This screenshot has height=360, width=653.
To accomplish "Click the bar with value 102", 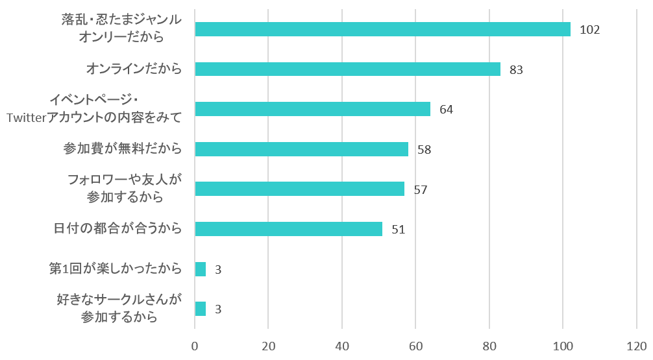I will point(382,29).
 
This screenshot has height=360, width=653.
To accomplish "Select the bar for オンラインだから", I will point(347,69).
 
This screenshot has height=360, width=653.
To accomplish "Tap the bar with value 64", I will point(312,109).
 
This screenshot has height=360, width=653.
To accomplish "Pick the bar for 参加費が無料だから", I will point(301,149).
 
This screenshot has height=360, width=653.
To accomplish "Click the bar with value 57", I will point(299,189).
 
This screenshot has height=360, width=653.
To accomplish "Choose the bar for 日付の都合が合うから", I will point(288,229).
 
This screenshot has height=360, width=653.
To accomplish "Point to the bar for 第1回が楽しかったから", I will point(201,269).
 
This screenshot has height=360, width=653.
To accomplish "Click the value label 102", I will point(590,30).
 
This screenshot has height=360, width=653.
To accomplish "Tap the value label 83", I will point(516,69).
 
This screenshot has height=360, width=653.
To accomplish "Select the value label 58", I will point(424,150).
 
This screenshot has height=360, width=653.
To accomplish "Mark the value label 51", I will point(398,230).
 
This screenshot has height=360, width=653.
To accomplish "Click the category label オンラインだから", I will point(134,69).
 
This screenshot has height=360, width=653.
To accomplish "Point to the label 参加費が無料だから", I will point(122,149).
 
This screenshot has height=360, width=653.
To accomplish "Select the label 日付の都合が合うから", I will point(117,229).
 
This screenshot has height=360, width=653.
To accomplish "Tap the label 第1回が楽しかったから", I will point(115,269).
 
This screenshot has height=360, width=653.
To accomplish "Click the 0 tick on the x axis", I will point(195,346).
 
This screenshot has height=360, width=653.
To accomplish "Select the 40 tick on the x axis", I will point(342,346).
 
